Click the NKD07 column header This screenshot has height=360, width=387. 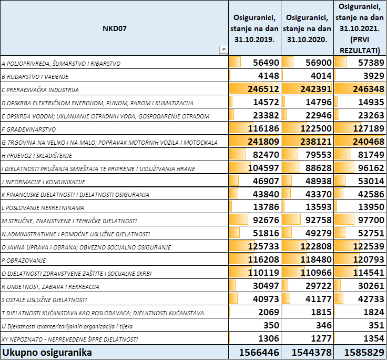(x=115, y=28)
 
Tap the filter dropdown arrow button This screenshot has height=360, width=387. (x=223, y=49)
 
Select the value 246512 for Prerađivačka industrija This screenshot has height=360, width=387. (x=263, y=89)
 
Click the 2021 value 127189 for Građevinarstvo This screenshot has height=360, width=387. (x=369, y=128)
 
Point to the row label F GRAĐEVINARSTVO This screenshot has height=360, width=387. (x=29, y=129)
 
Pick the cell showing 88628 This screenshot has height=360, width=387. (x=319, y=168)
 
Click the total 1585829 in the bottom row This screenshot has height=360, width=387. (x=364, y=353)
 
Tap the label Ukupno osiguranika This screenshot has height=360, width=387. (x=47, y=352)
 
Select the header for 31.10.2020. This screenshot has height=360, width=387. (x=307, y=28)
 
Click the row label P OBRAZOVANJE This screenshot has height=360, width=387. (x=24, y=261)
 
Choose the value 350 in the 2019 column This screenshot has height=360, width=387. (x=271, y=325)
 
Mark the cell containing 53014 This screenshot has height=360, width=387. (x=371, y=181)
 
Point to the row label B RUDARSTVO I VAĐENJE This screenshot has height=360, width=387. (x=35, y=77)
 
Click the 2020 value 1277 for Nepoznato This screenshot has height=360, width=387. (x=321, y=338)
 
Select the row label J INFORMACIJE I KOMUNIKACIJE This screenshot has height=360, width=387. (x=44, y=182)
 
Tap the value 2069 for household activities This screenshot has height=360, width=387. (x=269, y=312)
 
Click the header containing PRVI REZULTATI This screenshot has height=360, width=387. (x=360, y=28)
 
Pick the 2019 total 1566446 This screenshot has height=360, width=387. (x=259, y=353)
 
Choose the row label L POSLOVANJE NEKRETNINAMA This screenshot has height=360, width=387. (x=43, y=208)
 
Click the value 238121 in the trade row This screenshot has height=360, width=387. (x=316, y=142)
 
